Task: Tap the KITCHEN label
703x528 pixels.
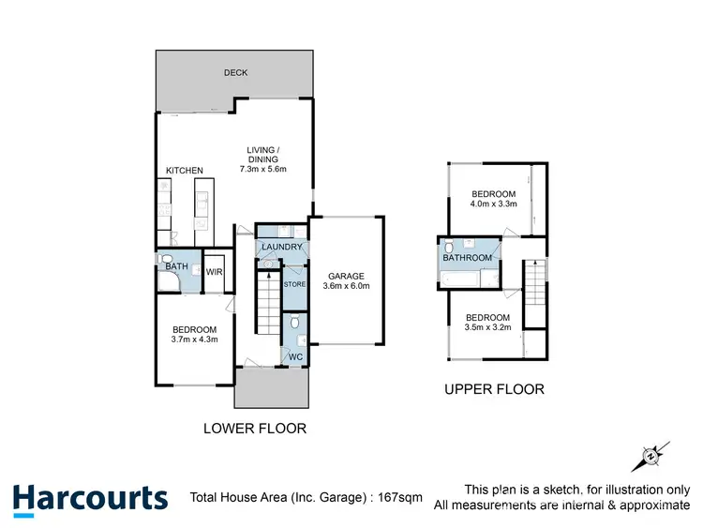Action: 185,171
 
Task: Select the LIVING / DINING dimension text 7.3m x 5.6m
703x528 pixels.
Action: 263,169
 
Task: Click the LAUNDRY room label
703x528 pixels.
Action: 282,248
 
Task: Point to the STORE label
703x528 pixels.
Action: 294,283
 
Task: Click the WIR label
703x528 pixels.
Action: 214,273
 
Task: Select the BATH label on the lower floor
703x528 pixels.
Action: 176,267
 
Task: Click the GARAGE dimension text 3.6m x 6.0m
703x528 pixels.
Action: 347,287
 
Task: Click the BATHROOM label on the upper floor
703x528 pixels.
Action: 467,258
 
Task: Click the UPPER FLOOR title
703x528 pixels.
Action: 493,389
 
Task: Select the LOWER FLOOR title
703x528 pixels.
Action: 255,429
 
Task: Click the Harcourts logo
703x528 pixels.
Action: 90,497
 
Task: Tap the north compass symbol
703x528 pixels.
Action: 651,457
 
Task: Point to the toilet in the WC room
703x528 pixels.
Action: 295,324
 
